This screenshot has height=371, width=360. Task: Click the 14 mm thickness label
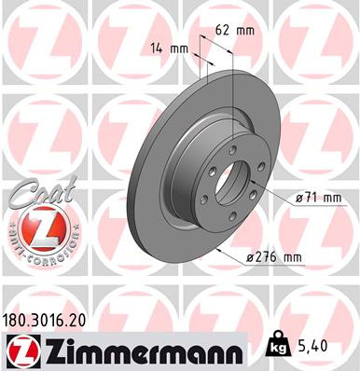tap(163, 46)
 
